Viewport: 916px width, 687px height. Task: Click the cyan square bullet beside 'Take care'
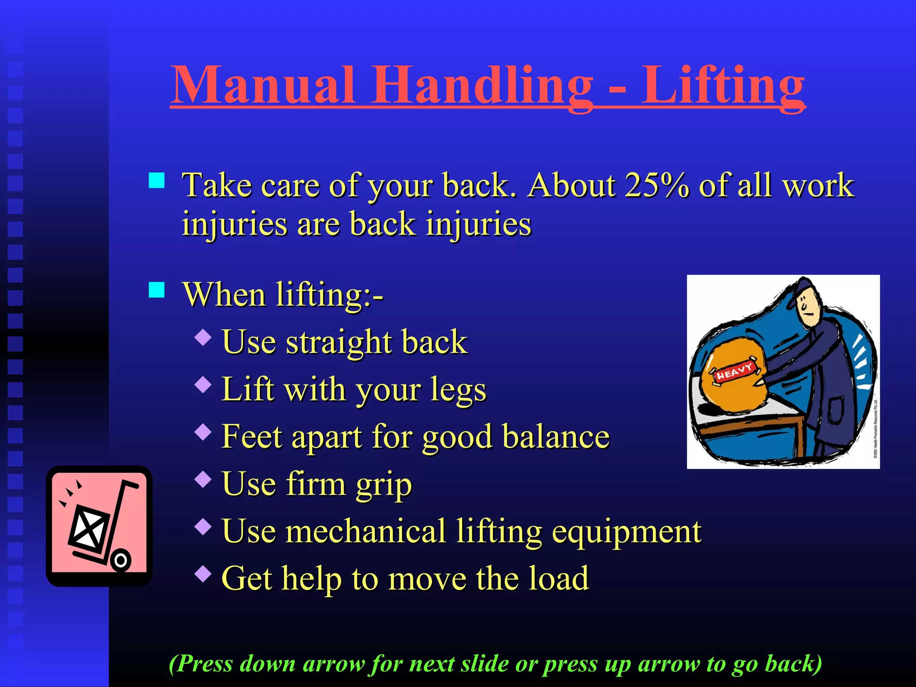(x=157, y=181)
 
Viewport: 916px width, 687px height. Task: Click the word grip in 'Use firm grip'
(x=383, y=484)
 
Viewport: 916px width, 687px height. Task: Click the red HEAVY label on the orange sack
(x=734, y=371)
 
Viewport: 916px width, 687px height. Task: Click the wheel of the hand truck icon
(x=120, y=560)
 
